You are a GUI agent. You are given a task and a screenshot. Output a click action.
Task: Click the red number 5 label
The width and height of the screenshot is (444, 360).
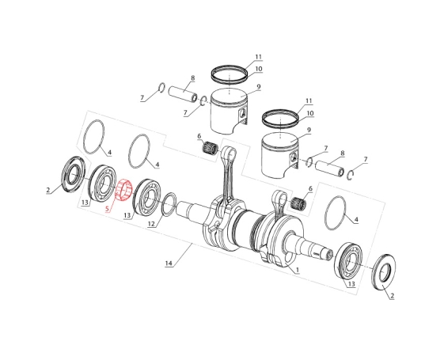point(108,209)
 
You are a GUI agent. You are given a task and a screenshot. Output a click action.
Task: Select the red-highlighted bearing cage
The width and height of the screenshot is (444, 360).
point(123,190)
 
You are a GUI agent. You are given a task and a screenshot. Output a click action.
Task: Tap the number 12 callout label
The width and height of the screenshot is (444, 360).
point(151,224)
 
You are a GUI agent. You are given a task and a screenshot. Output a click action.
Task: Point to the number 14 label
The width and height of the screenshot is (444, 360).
point(169,263)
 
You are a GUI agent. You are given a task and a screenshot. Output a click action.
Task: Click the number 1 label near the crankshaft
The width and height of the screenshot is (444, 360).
point(298,270)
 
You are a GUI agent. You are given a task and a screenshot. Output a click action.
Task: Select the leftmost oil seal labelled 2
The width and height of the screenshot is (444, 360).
point(74,174)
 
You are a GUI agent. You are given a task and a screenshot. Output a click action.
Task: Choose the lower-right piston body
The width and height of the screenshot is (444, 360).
point(279,155)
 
